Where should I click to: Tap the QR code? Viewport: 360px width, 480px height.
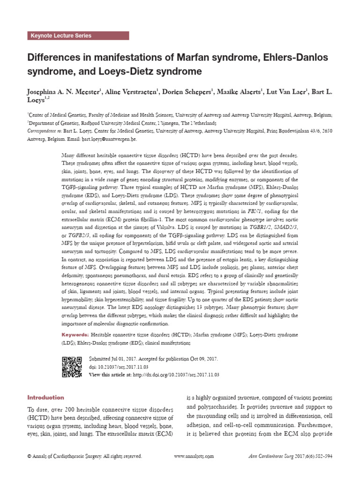click(72, 367)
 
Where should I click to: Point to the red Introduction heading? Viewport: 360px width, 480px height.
click(45, 397)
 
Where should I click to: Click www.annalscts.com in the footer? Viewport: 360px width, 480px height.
click(194, 456)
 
